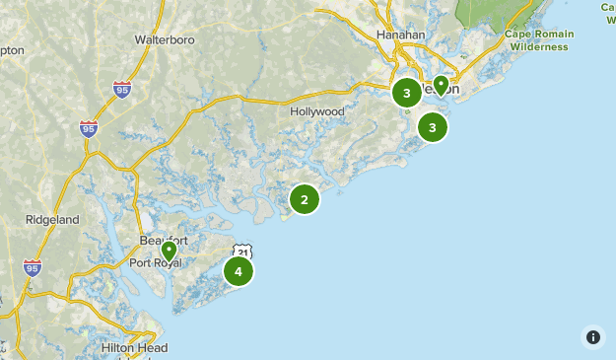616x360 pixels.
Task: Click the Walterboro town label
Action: pos(165,40)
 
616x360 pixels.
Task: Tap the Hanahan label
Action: pos(400,35)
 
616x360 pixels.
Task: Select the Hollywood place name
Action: pos(317,111)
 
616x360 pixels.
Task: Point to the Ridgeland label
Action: pos(52,220)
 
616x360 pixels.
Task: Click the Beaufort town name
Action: pos(163,241)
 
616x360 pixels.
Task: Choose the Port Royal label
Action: pos(154,262)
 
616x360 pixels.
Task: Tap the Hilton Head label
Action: pos(134,348)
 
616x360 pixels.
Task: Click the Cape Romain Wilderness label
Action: pos(537,40)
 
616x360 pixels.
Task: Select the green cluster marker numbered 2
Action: pos(304,200)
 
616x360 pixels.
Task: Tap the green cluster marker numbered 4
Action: pos(238,271)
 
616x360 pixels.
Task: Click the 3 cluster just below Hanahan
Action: pos(406,94)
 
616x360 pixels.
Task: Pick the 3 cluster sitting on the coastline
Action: pos(432,127)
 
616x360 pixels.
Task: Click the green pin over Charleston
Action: pos(441,86)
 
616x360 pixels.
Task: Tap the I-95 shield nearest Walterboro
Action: pos(121,89)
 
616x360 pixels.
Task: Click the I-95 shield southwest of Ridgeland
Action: pos(33,267)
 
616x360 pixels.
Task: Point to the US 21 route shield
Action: pos(242,252)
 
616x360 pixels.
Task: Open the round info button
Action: pos(592,336)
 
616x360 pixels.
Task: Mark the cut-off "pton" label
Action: pos(12,49)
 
